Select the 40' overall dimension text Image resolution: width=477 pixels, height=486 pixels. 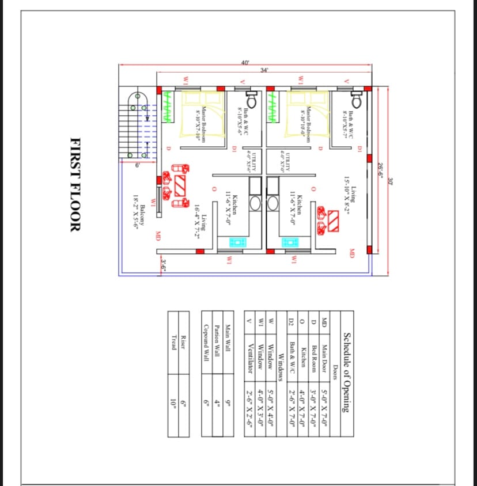[246, 62]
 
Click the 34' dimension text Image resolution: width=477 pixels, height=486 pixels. [264, 70]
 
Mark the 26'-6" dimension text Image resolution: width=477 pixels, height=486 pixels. [381, 171]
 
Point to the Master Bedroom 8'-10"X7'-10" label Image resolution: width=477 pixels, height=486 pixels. [200, 122]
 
